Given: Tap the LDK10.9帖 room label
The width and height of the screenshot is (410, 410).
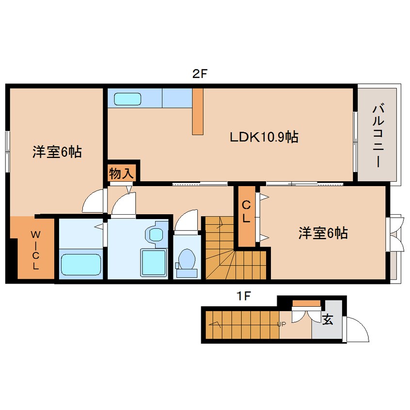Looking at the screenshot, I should pos(264,137).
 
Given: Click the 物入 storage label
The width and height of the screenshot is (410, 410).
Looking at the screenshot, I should pos(121,173).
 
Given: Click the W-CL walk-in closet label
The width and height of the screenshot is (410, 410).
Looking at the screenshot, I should pos(35,251).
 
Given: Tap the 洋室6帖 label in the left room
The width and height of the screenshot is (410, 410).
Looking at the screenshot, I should pos(57,152).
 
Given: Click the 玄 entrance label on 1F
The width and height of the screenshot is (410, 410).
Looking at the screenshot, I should pos(328,320).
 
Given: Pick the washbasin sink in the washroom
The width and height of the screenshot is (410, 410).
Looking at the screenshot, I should pos(156,235).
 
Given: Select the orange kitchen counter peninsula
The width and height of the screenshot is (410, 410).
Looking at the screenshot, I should pos(197,111).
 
